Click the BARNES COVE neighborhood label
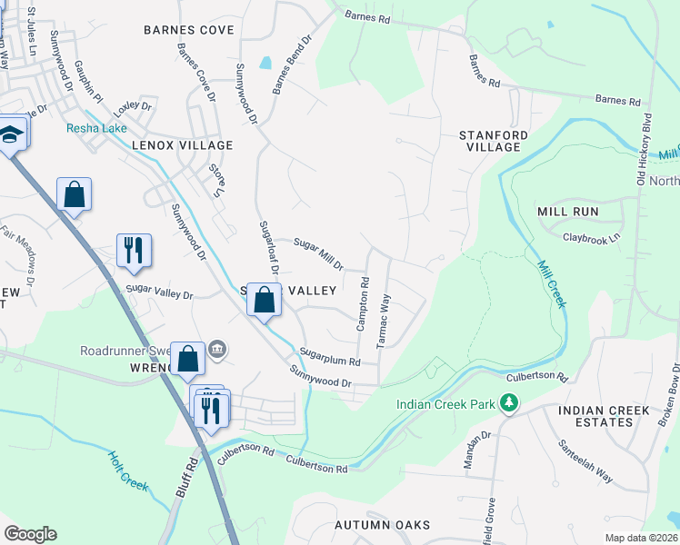click(188, 30)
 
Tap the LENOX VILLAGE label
click(182, 145)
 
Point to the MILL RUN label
click(567, 211)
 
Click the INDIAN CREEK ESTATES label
click(607, 416)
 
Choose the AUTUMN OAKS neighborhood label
click(381, 525)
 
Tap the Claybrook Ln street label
click(590, 237)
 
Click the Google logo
click(30, 534)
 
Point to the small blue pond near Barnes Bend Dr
click(265, 64)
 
